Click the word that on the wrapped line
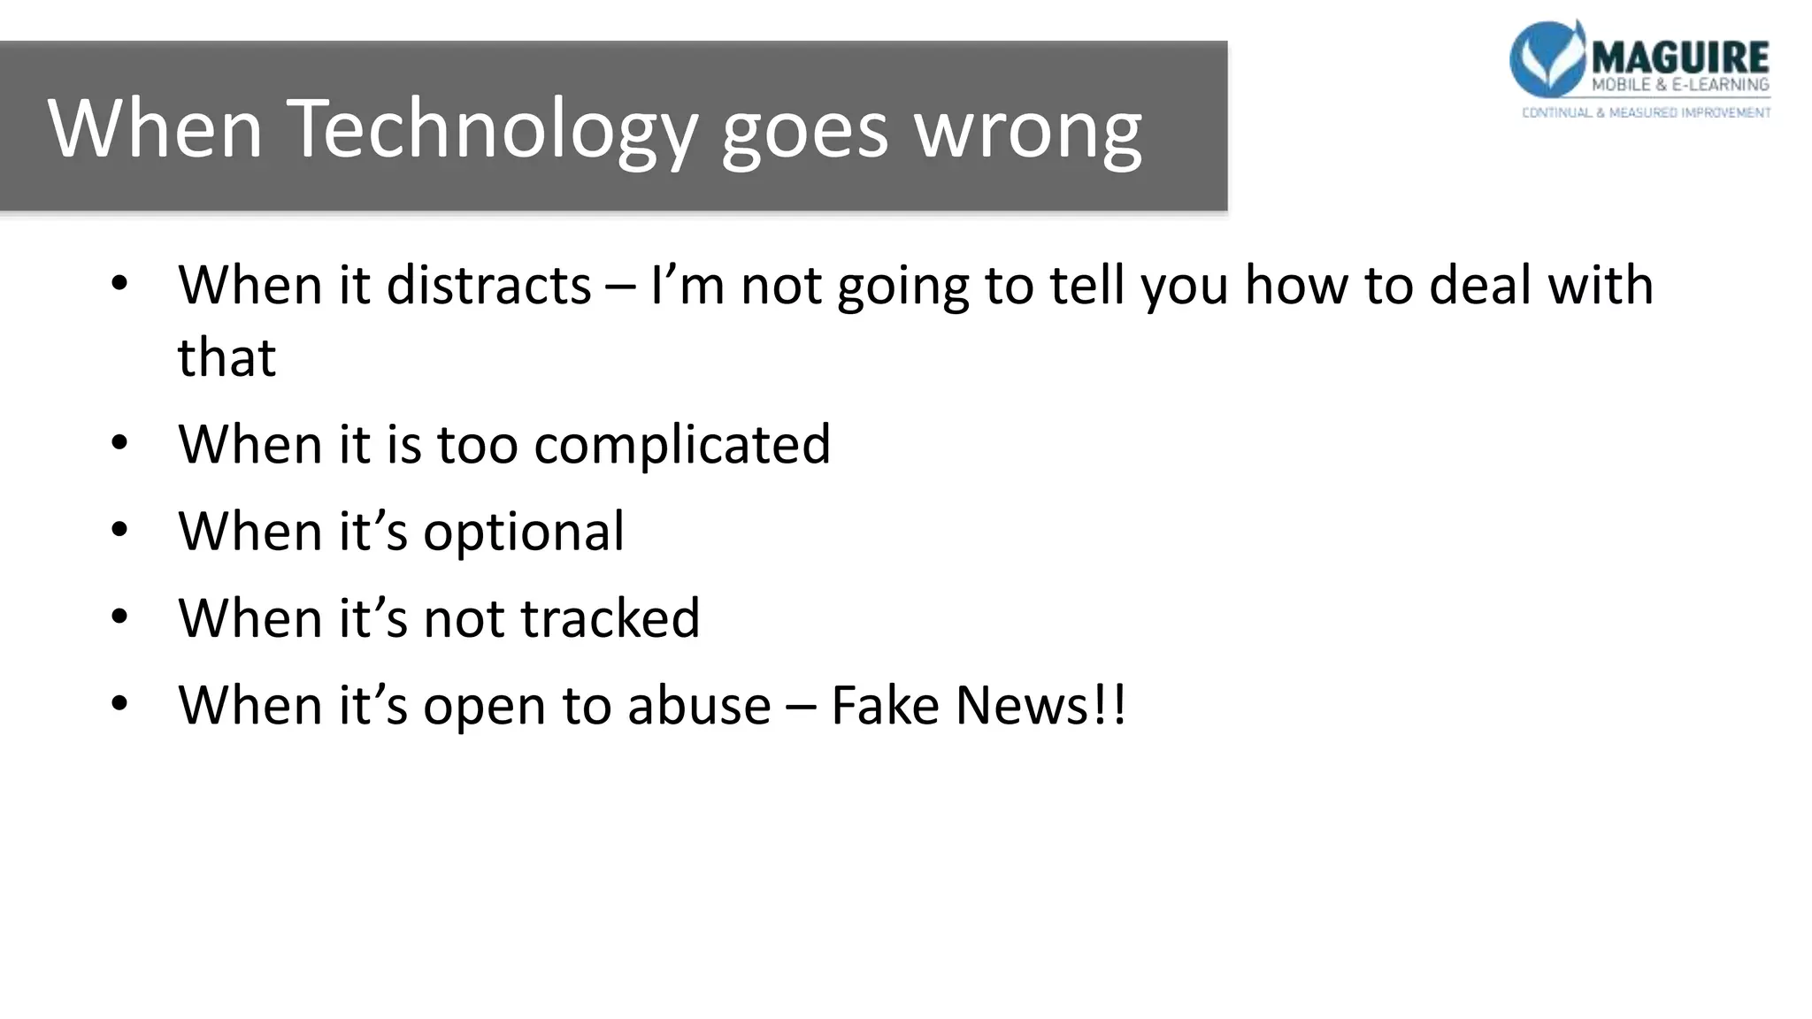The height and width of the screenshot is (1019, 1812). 226,357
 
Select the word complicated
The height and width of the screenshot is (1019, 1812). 682,444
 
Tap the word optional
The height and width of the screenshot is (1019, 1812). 524,532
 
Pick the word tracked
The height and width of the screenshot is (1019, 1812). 610,617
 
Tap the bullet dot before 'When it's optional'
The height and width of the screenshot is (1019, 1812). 120,531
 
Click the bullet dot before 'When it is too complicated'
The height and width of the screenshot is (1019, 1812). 120,443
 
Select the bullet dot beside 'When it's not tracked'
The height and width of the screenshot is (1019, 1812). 120,617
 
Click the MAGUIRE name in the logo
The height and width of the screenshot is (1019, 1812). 1679,57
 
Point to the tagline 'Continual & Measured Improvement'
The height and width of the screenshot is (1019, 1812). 1646,112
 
